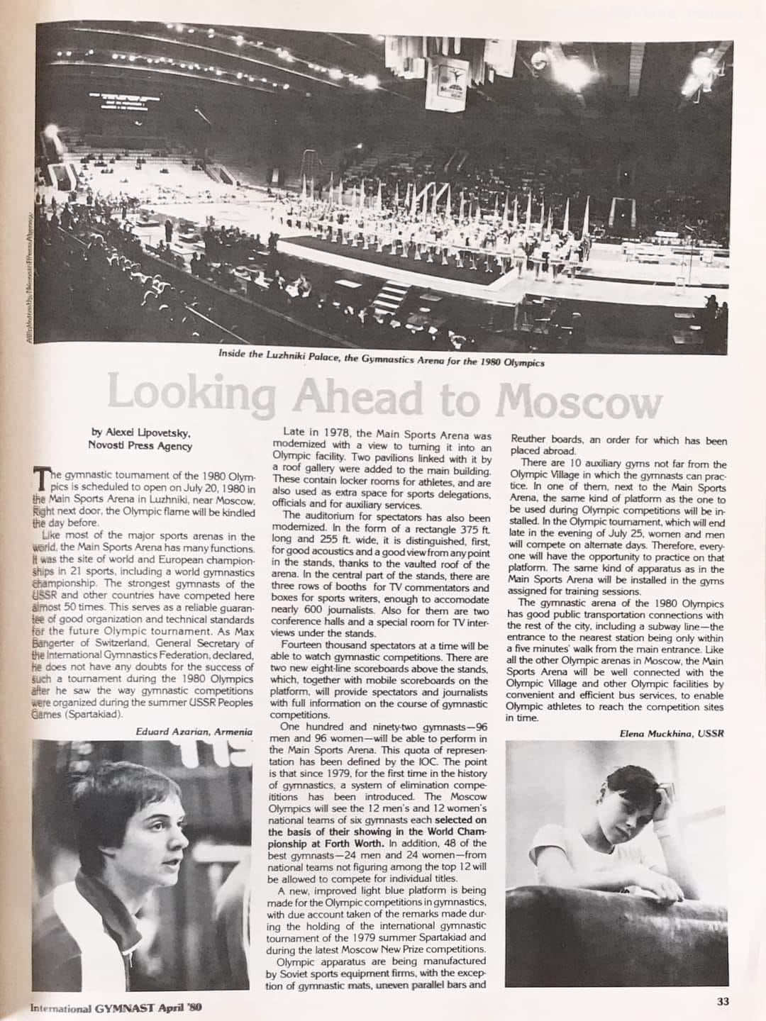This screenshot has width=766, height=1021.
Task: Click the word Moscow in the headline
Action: coord(578,401)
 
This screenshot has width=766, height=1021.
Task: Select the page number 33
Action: coord(723,1001)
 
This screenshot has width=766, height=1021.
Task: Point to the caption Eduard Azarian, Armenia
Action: coord(194,731)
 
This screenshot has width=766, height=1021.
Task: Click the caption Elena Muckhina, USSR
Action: coord(672,733)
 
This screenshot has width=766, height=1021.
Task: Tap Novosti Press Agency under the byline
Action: coord(139,445)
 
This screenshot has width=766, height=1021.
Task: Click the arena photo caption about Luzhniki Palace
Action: coord(382,362)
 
